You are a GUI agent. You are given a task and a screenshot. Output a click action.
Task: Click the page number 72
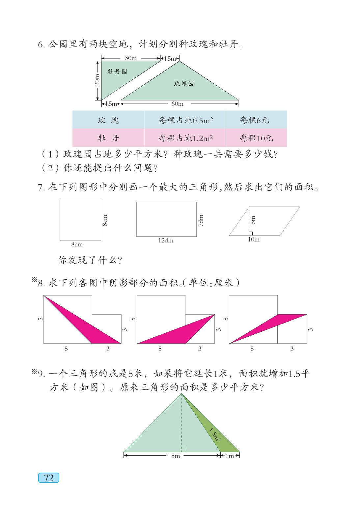tap(49, 478)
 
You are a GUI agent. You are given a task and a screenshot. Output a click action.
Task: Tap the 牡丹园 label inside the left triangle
tap(117, 71)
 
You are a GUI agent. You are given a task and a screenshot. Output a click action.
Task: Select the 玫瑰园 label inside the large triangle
tap(184, 83)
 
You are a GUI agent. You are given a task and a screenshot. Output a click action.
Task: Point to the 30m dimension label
tap(131, 58)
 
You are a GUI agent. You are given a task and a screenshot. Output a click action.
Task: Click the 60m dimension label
tap(177, 104)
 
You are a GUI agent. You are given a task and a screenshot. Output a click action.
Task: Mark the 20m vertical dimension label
tap(97, 80)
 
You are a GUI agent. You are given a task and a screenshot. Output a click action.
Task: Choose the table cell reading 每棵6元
tap(254, 120)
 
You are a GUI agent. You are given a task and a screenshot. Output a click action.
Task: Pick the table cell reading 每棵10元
tap(256, 138)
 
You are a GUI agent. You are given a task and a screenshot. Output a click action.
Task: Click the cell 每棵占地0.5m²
tap(185, 120)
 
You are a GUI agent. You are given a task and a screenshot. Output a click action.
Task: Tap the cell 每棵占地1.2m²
tap(185, 138)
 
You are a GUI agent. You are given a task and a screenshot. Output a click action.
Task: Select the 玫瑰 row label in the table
tap(108, 120)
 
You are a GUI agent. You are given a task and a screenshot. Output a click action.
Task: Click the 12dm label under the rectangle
tap(166, 240)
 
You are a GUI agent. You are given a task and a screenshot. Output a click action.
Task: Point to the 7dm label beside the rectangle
tap(201, 220)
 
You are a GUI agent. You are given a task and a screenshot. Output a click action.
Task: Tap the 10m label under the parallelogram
tap(254, 239)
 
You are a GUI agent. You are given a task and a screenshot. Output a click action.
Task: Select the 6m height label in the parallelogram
tap(253, 220)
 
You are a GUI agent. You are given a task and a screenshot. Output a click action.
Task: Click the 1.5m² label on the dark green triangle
tap(215, 435)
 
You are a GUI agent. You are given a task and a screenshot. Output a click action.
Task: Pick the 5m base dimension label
tap(176, 456)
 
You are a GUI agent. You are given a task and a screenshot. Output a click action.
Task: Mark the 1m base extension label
tap(230, 456)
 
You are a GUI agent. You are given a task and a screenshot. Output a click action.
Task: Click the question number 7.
tap(41, 187)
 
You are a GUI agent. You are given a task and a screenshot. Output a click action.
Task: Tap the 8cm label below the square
tap(77, 244)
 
